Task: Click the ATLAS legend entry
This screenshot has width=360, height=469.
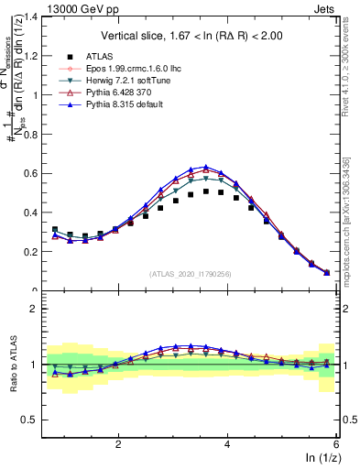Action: click(93, 57)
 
